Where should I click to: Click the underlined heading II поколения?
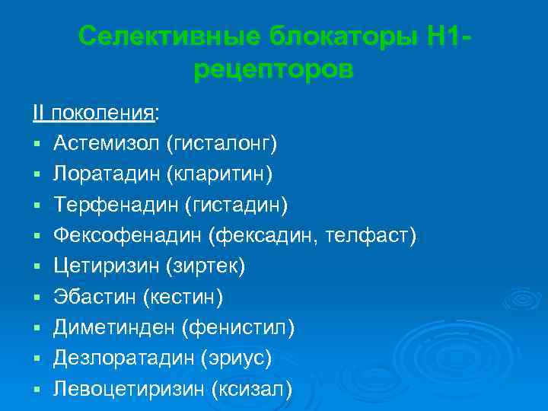click(x=94, y=113)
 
